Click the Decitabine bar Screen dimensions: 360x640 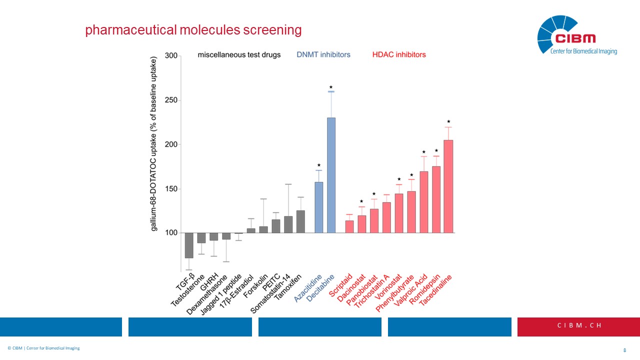click(x=331, y=175)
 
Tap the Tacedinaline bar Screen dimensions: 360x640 click(x=448, y=186)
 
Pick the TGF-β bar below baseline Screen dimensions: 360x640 click(x=189, y=245)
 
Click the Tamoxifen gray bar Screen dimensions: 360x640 click(x=300, y=221)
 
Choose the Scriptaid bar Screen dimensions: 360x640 click(x=349, y=226)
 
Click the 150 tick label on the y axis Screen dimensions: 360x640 click(x=171, y=189)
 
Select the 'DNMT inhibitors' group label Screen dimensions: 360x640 click(x=323, y=54)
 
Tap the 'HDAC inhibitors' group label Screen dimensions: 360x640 click(x=399, y=54)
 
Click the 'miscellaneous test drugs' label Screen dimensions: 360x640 click(x=239, y=54)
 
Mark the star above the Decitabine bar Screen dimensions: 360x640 click(x=331, y=87)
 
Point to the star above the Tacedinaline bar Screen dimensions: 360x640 click(x=448, y=121)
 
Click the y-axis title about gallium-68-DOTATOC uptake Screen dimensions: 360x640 click(x=154, y=144)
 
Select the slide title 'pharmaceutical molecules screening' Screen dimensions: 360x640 click(x=193, y=30)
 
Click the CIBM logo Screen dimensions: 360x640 click(x=576, y=34)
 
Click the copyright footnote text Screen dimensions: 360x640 click(x=43, y=348)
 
